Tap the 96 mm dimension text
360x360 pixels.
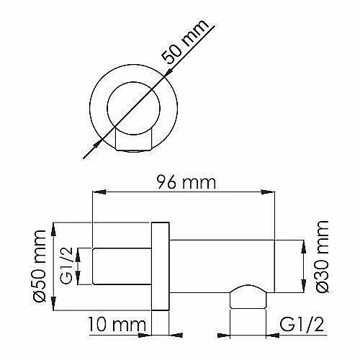[x=186, y=182]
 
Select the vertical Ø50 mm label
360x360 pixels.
[x=40, y=266]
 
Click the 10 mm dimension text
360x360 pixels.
[x=117, y=325]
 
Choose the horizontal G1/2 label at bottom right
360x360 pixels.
[x=302, y=325]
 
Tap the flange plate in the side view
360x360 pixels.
[x=161, y=266]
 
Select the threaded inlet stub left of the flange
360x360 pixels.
[x=122, y=266]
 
